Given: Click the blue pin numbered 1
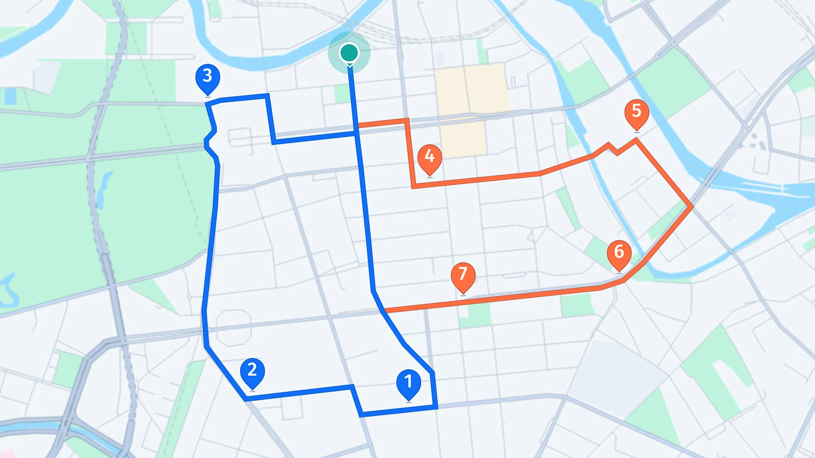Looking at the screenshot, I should (x=408, y=382).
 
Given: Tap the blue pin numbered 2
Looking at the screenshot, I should (x=252, y=371).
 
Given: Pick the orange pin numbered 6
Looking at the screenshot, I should (x=619, y=252).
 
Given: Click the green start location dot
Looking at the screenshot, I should (x=349, y=53).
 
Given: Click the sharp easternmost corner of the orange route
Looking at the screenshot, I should (x=692, y=207).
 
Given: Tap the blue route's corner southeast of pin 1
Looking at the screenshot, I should (x=436, y=407).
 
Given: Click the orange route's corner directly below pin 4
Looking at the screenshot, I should (x=413, y=186).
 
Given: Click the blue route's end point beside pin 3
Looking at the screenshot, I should (x=207, y=104).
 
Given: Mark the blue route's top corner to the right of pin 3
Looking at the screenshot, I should (x=267, y=96).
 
